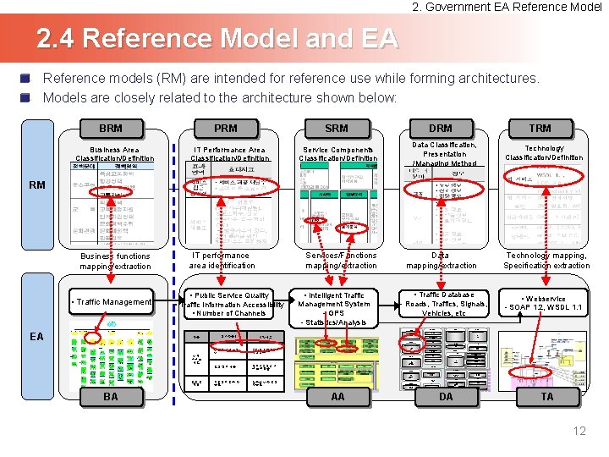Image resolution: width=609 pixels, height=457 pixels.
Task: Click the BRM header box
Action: (x=110, y=129)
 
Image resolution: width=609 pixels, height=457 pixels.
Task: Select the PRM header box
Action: (x=225, y=129)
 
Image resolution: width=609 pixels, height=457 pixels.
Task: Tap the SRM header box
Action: (x=337, y=129)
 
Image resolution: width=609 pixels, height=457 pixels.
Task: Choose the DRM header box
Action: (x=441, y=129)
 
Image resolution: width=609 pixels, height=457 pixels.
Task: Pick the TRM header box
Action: (x=540, y=129)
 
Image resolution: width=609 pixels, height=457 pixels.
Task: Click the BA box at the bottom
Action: (x=111, y=396)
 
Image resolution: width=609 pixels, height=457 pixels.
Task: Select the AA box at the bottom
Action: (x=337, y=396)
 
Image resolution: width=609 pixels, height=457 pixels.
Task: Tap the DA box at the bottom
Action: (x=445, y=396)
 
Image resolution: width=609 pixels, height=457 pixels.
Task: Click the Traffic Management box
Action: (x=112, y=301)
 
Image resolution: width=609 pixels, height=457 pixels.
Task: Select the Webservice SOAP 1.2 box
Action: (x=544, y=303)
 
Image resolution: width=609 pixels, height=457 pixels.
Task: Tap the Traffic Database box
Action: (x=447, y=304)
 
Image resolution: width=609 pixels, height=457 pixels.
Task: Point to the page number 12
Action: (x=579, y=432)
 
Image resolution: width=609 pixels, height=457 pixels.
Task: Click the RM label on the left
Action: (x=37, y=184)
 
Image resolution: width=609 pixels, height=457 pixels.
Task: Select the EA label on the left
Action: (x=37, y=337)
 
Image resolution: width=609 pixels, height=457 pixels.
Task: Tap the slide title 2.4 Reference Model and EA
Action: (x=217, y=39)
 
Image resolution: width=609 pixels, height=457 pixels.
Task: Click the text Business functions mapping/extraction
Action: (x=115, y=261)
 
